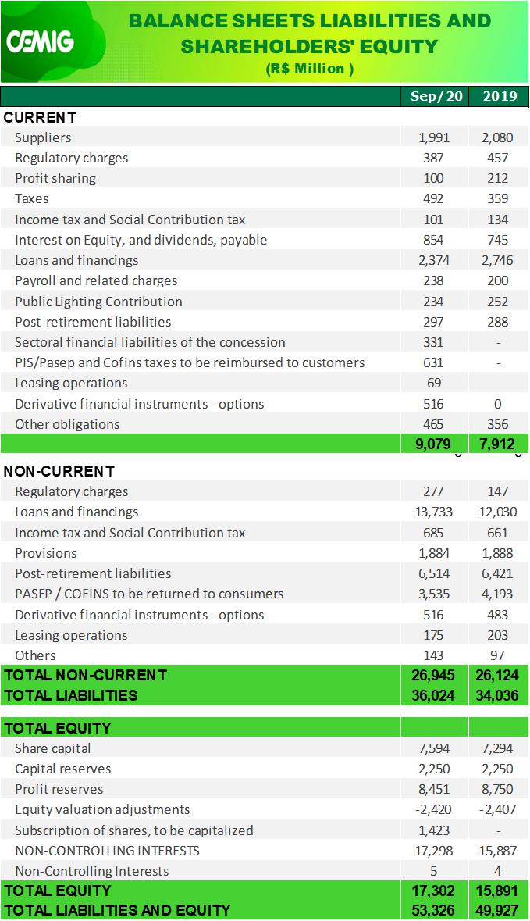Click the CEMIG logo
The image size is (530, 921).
click(40, 41)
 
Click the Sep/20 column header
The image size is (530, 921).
click(436, 96)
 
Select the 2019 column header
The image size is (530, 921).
click(500, 96)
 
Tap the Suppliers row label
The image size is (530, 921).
click(43, 137)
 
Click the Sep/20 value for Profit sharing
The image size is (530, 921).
click(433, 179)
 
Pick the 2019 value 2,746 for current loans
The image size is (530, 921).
click(497, 260)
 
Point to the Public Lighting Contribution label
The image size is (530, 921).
click(98, 302)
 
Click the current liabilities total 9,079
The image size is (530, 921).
click(433, 444)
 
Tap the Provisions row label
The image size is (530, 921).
click(46, 553)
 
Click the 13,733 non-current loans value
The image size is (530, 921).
click(433, 512)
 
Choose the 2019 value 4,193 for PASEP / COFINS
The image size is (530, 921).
click(497, 594)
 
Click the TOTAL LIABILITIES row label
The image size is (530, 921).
click(70, 695)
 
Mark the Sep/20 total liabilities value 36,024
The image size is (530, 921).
click(433, 695)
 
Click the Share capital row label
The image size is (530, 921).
click(53, 748)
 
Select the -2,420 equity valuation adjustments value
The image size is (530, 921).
click(433, 809)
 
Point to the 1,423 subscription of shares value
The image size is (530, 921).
click(434, 830)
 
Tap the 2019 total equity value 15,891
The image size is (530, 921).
click(497, 891)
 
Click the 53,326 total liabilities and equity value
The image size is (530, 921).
click(433, 911)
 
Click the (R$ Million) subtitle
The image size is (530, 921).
click(310, 69)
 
